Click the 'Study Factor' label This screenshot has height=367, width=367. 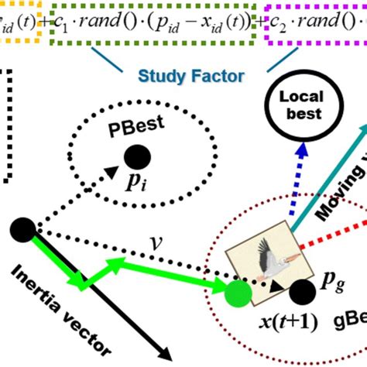pos(190,76)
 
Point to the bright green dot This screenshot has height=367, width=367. pos(238,292)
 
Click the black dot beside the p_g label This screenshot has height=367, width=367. pos(301,292)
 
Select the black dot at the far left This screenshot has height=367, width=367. pos(22,230)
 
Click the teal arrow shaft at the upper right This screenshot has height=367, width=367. pos(325,166)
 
